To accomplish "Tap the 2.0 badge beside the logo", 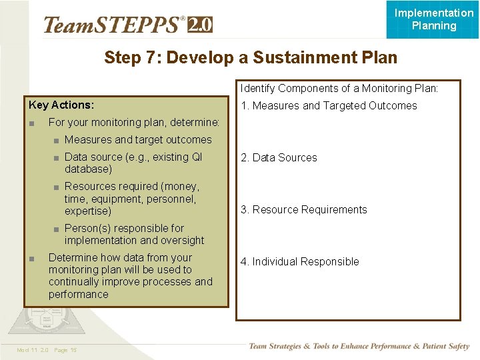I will [x=200, y=25].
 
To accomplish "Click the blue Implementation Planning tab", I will [x=433, y=19].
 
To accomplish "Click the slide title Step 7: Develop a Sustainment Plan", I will [x=250, y=58].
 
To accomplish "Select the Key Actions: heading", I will [x=61, y=105].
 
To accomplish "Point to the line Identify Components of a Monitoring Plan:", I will [x=339, y=88].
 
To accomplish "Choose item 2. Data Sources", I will [x=279, y=157].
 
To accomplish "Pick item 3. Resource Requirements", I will [x=303, y=209].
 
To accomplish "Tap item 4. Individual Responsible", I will [x=299, y=261].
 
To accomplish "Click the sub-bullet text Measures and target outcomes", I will [x=138, y=139].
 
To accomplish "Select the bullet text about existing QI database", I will [x=133, y=163].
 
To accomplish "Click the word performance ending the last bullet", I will [x=78, y=294].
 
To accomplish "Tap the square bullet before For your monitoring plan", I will [x=31, y=123].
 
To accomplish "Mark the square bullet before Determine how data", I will [x=31, y=258].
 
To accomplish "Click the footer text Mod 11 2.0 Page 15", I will [x=47, y=350].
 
